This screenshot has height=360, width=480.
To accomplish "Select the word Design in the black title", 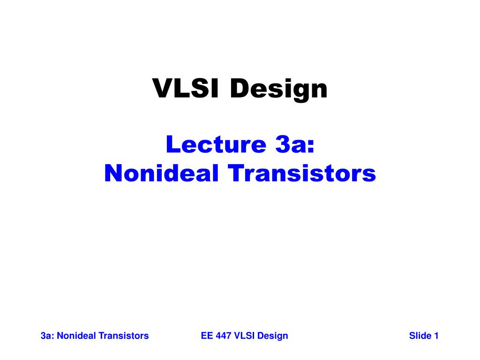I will pos(278,89).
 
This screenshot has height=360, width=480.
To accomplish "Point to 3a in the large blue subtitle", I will pos(291,145).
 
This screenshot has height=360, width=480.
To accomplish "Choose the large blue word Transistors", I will pos(302,173).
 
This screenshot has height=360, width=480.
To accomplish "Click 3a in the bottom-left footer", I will pos(46,336).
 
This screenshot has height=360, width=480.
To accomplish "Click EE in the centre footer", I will pos(206,336).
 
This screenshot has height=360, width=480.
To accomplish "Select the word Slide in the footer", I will pos(420,336).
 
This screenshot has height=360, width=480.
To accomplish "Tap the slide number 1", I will pos(436,336).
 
